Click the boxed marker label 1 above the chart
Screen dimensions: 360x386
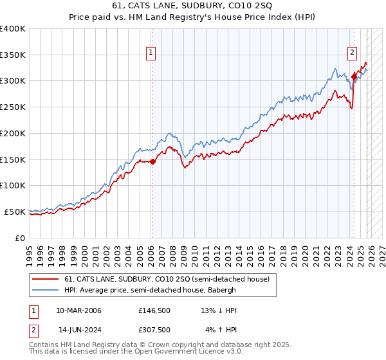151,53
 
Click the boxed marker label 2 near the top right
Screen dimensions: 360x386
353,53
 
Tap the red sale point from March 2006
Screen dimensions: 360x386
152,162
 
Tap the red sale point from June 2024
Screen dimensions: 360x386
354,76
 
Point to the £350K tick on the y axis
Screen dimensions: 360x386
13,55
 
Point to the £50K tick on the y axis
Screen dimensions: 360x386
14,212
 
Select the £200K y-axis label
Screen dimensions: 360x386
13,134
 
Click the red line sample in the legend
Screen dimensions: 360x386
46,278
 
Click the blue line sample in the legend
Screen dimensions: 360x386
46,289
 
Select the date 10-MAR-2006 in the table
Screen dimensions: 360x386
78,310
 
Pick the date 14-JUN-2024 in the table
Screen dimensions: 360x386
78,330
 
